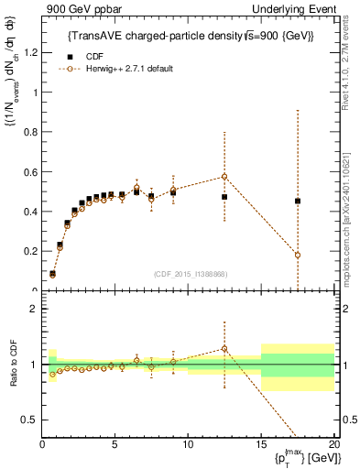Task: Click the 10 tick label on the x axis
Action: coord(188,445)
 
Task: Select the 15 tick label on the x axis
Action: coord(261,445)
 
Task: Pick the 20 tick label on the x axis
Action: coord(333,445)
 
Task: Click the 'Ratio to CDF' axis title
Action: coord(12,365)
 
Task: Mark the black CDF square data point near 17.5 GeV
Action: coord(298,201)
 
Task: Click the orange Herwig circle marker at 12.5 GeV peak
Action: coord(224,176)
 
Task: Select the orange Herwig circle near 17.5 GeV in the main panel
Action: coord(298,255)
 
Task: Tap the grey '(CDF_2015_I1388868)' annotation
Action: coord(190,274)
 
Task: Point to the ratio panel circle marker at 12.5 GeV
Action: coord(224,348)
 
